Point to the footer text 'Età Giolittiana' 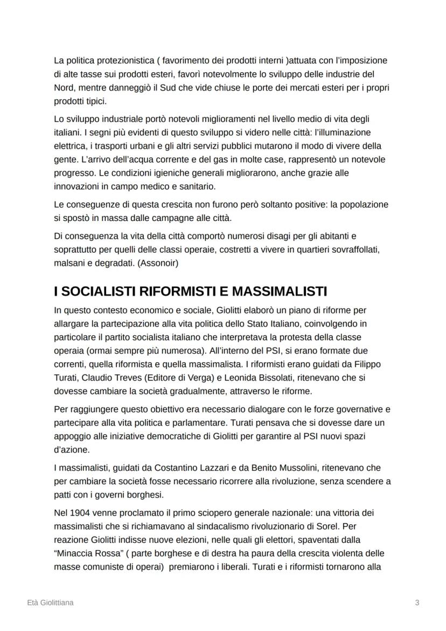(50, 602)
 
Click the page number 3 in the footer (417, 602)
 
